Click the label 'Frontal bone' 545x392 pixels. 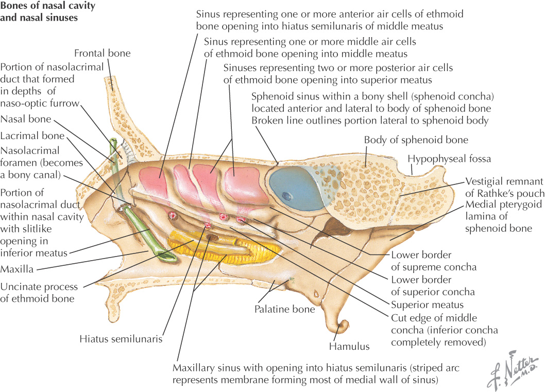tap(102, 53)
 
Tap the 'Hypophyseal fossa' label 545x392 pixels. tap(449, 159)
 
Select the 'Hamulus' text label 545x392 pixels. tap(349, 346)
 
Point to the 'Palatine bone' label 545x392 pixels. tap(284, 309)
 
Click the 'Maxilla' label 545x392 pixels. tap(18, 269)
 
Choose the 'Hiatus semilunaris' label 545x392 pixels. tap(121, 339)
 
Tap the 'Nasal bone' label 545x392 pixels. tap(26, 120)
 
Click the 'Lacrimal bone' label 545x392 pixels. tap(32, 136)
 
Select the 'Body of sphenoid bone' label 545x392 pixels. tap(416, 140)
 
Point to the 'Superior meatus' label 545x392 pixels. tap(427, 304)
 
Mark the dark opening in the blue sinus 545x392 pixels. tap(286, 196)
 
